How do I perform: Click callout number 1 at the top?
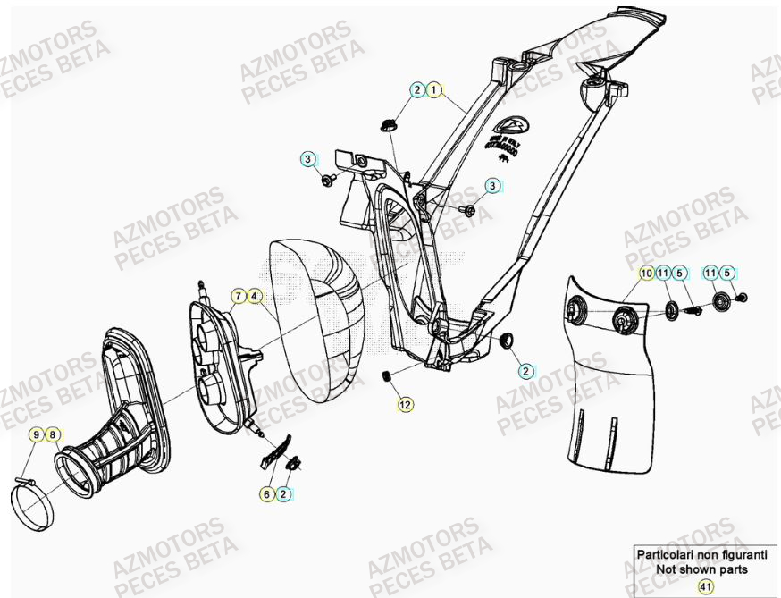pos(433,89)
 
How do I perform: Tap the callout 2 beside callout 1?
pos(417,89)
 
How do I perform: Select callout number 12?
pos(405,404)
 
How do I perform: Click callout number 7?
pos(239,295)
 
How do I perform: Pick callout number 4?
pos(255,295)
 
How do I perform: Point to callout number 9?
pos(37,435)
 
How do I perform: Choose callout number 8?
pos(53,435)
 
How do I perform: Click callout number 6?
pos(266,493)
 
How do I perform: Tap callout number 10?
pos(645,272)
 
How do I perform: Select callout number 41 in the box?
pos(705,586)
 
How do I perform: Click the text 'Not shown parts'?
pos(701,569)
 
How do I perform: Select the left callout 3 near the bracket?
pos(307,159)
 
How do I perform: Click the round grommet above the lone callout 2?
pos(506,340)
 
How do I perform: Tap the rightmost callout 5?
pos(727,272)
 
